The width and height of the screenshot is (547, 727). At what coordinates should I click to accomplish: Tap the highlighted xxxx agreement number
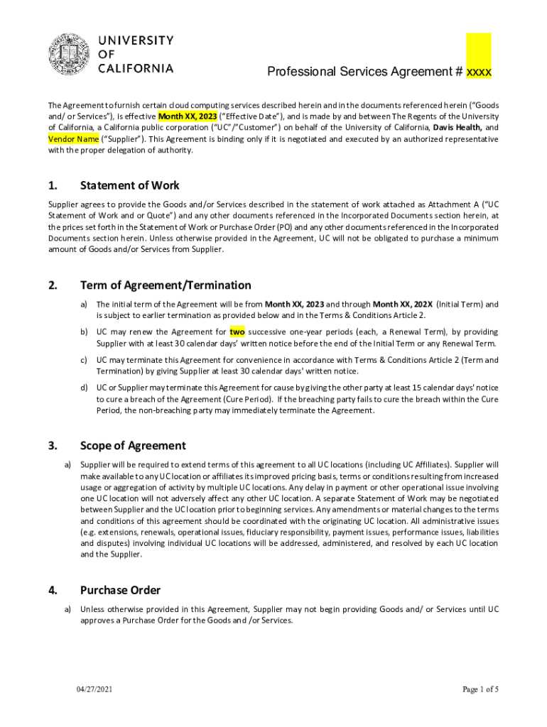click(x=479, y=72)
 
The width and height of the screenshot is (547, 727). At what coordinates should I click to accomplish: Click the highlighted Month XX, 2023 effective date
click(x=188, y=116)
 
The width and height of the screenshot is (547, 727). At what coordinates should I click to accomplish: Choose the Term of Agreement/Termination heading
click(x=166, y=285)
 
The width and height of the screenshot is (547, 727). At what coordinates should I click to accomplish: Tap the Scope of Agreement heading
click(x=133, y=446)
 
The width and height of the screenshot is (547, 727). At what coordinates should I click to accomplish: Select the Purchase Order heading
click(x=120, y=590)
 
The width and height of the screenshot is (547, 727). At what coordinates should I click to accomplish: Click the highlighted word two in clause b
click(x=237, y=332)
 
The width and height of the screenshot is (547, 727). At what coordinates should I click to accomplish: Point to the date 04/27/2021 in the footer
click(x=94, y=689)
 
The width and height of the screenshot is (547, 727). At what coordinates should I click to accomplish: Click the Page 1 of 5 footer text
click(x=481, y=689)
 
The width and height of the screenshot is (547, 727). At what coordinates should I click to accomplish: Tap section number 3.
click(x=52, y=446)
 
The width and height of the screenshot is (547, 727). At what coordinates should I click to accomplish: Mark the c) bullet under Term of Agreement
click(x=84, y=360)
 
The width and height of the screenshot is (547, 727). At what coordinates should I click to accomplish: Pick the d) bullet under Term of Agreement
click(x=84, y=388)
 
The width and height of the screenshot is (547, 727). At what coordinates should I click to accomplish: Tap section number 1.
click(x=52, y=186)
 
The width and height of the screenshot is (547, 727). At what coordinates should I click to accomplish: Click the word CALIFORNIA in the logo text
click(x=135, y=68)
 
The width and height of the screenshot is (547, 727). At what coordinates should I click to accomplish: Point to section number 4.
click(x=52, y=590)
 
